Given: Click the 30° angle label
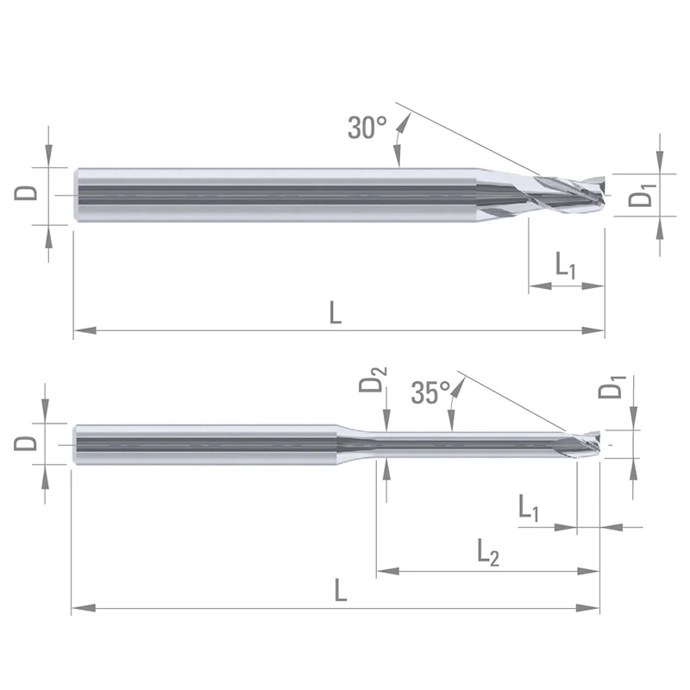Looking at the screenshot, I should (x=367, y=128).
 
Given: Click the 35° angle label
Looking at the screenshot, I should (x=430, y=393).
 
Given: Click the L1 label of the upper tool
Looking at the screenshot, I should (x=566, y=266).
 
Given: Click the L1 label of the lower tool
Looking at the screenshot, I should (x=530, y=507).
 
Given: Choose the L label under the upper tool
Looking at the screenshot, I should (x=336, y=312).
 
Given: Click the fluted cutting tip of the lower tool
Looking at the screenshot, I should (x=579, y=445).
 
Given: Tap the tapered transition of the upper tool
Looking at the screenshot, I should (x=500, y=191).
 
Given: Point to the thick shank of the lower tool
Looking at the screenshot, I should (x=207, y=444).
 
